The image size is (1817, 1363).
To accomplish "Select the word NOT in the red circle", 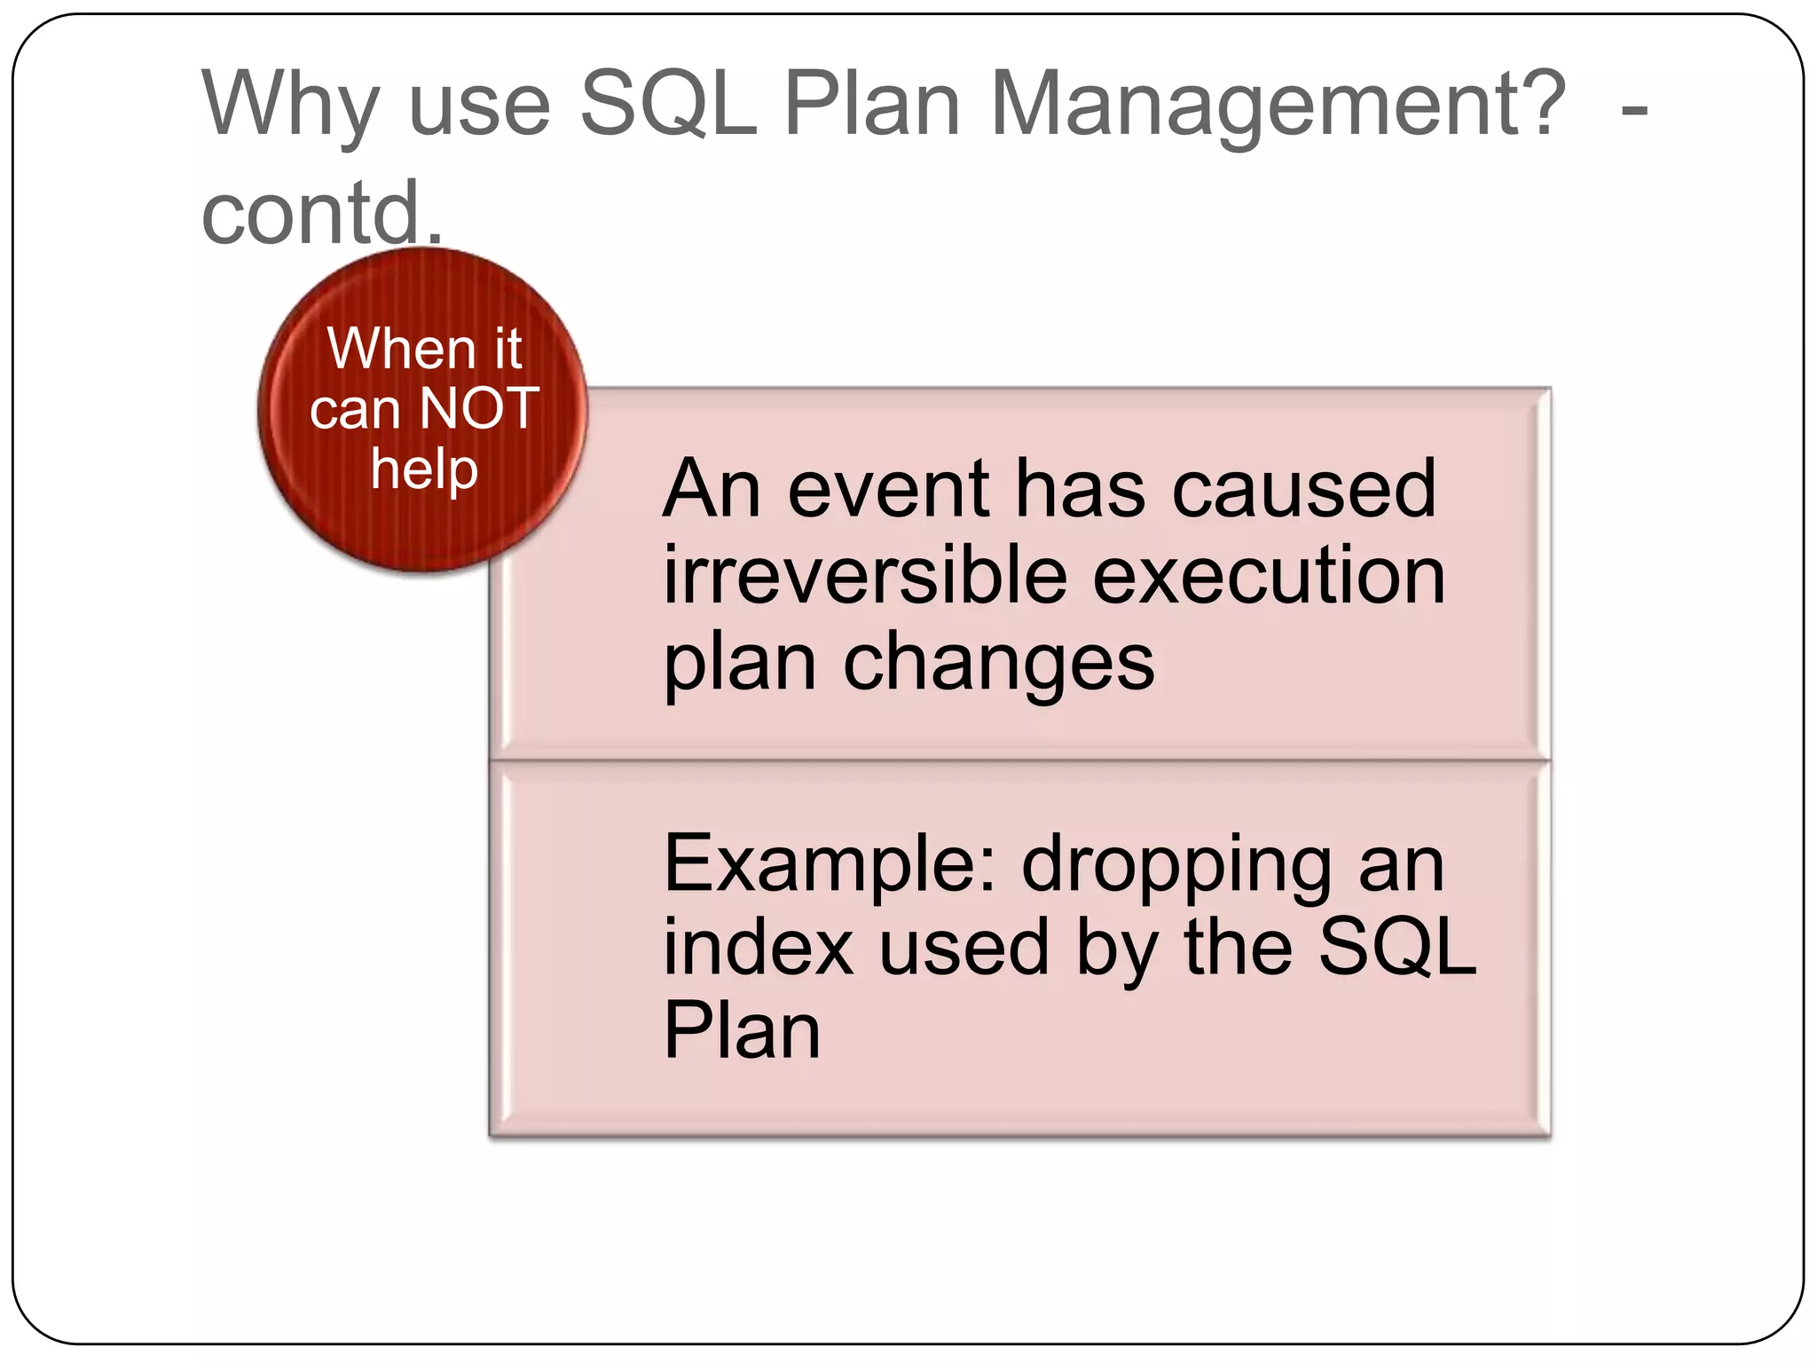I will pos(479,409).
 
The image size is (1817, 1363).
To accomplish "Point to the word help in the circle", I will pos(424,469).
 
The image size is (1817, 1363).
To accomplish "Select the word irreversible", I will pos(865,576).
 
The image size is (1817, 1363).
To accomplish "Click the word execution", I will pos(1269,576).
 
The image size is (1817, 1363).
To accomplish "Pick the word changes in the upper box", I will pos(998,664).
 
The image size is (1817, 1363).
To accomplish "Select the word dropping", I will pos(1176,865).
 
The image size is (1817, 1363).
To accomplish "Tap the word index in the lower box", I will pos(759,948).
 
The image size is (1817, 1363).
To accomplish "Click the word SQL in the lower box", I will pos(1397,948).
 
